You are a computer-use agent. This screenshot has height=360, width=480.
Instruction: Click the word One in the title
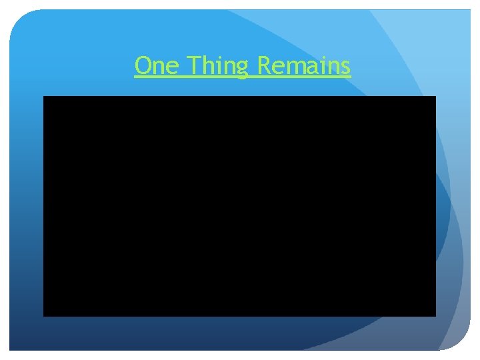pyautogui.click(x=157, y=66)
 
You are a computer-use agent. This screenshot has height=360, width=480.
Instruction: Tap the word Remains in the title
pyautogui.click(x=303, y=66)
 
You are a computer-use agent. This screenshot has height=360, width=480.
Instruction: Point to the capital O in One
pyautogui.click(x=143, y=66)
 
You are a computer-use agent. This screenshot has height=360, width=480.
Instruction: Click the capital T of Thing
pyautogui.click(x=193, y=66)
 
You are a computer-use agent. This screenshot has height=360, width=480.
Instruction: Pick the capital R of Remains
pyautogui.click(x=263, y=66)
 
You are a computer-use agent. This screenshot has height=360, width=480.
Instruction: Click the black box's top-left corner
pyautogui.click(x=44, y=97)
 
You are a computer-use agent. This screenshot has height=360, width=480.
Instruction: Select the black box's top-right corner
pyautogui.click(x=435, y=97)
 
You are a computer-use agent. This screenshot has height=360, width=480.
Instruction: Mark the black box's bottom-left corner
pyautogui.click(x=44, y=315)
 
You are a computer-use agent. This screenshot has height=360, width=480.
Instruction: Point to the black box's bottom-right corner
pyautogui.click(x=435, y=315)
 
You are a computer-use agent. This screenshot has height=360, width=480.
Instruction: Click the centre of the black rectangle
pyautogui.click(x=239, y=206)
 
